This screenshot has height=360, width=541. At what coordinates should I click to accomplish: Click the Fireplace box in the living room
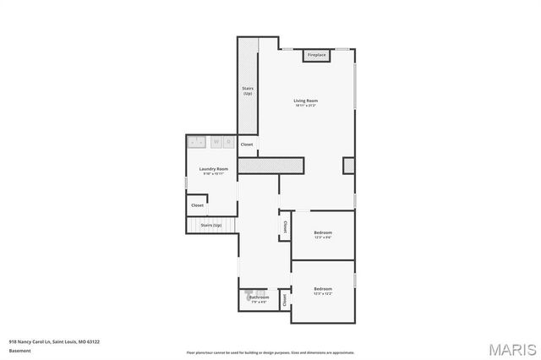point(316,55)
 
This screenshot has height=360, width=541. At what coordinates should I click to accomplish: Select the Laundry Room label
point(213,170)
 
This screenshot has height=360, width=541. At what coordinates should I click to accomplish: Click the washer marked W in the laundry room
point(216,142)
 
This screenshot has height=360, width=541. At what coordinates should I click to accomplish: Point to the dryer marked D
point(228,142)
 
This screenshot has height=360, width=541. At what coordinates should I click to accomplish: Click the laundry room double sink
point(196,142)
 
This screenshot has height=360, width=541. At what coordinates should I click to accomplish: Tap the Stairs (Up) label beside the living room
point(248,90)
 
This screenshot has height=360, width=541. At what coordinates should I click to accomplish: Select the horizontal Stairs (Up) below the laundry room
point(210,226)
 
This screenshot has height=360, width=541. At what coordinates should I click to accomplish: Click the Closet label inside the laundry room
point(197,205)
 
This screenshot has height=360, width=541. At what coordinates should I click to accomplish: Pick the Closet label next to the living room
point(247,145)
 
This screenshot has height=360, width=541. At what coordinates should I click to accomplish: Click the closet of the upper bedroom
point(285,226)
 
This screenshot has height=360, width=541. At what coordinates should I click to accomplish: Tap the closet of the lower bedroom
point(285,298)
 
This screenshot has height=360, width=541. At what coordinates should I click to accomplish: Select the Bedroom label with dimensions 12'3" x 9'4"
point(323,234)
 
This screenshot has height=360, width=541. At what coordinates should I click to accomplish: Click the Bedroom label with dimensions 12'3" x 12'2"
point(323,291)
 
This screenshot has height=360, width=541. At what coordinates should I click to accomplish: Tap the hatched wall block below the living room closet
point(270,165)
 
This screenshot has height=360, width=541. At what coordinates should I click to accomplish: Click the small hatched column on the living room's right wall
point(348,165)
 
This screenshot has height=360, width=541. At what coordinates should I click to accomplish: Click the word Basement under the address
point(19,350)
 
